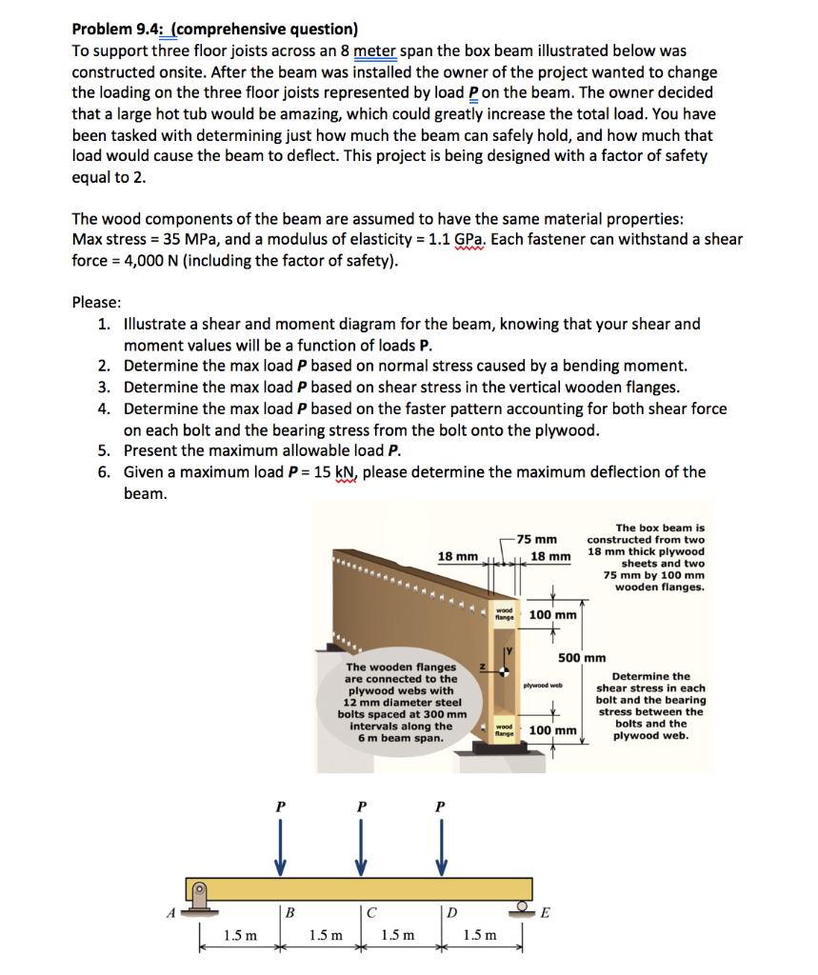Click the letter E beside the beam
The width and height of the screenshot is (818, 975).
coord(545,911)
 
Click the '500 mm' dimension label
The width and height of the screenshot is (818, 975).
coord(582,657)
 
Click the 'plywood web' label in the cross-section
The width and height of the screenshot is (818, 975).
coord(543,685)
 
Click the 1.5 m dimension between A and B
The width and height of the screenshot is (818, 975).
coord(239,935)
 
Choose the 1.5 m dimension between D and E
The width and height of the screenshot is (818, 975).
coord(479,935)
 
